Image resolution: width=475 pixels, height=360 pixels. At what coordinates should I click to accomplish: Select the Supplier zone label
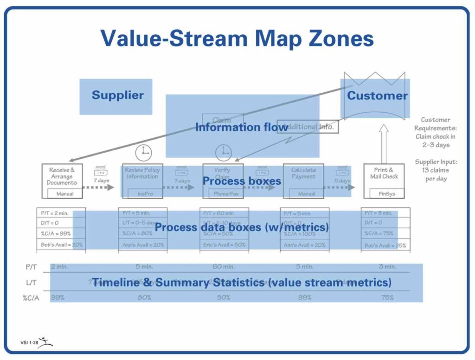(x=117, y=96)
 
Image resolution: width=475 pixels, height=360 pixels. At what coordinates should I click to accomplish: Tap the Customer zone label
(x=377, y=96)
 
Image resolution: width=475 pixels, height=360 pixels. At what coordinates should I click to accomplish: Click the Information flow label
(x=241, y=127)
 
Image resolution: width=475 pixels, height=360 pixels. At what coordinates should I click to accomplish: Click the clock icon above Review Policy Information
(x=143, y=152)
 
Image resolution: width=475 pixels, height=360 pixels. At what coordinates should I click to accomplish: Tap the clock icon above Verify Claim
(x=224, y=152)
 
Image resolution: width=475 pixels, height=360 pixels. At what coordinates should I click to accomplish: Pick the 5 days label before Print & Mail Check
(x=342, y=180)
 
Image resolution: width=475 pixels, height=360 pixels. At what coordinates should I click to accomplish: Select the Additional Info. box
(x=308, y=127)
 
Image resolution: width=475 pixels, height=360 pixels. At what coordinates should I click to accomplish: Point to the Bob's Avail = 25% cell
(x=385, y=245)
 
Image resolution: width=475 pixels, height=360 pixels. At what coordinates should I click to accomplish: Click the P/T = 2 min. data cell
(x=55, y=213)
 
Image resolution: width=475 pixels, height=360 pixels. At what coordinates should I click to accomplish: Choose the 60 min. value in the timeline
(x=223, y=267)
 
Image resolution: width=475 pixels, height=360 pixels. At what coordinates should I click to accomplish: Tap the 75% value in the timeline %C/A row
(x=387, y=297)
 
